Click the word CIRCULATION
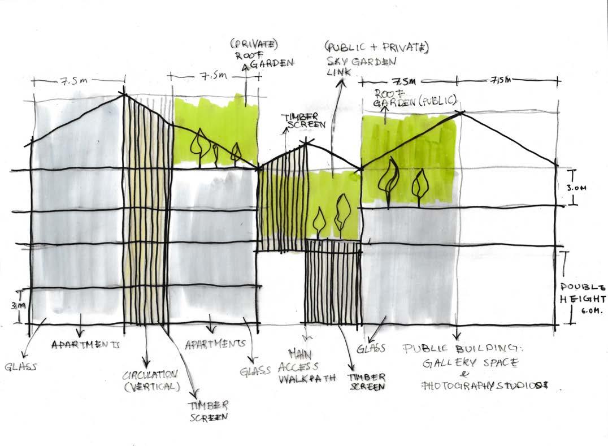click(x=150, y=375)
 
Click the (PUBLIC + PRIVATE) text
click(x=376, y=48)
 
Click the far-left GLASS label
click(x=21, y=366)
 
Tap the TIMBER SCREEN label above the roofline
click(x=303, y=120)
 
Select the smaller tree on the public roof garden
click(x=419, y=185)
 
